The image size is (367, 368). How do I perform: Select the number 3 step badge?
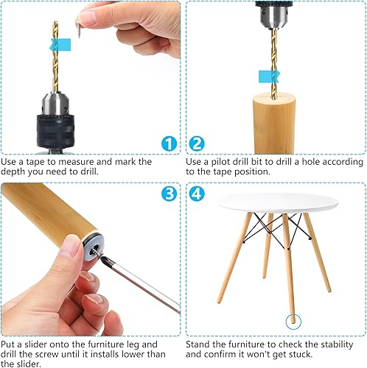(x=169, y=194)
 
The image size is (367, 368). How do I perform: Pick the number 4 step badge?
(x=197, y=194)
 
